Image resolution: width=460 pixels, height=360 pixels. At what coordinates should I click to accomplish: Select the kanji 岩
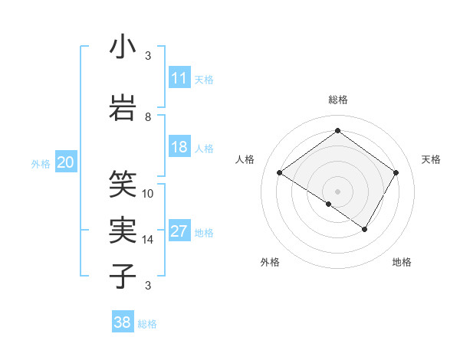click(x=123, y=107)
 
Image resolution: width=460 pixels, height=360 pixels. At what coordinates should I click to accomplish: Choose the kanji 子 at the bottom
click(x=123, y=276)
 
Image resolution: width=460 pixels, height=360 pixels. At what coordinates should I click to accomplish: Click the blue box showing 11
click(x=179, y=77)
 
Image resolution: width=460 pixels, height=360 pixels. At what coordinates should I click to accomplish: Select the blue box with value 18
click(x=179, y=147)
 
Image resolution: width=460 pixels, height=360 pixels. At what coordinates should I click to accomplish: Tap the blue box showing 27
click(x=179, y=232)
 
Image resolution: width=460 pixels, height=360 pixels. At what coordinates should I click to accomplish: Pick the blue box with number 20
click(x=66, y=162)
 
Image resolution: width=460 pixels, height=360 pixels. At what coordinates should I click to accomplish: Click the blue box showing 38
click(x=123, y=322)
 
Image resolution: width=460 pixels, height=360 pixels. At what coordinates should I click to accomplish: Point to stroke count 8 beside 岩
click(x=148, y=116)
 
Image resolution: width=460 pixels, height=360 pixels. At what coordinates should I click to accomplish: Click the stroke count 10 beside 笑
click(x=148, y=193)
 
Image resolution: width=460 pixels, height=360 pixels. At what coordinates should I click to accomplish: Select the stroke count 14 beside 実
click(x=148, y=240)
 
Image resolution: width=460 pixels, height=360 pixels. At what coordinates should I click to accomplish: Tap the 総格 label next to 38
click(x=147, y=324)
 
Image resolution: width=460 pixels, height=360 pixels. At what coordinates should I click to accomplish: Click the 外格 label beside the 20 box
click(x=41, y=163)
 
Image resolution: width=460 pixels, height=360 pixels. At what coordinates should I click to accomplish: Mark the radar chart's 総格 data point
click(x=337, y=130)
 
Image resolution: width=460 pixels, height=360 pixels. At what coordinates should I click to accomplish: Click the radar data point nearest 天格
click(x=396, y=172)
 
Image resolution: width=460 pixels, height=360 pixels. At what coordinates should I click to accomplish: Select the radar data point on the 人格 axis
click(x=280, y=172)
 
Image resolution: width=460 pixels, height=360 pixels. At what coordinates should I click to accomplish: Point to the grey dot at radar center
click(x=337, y=191)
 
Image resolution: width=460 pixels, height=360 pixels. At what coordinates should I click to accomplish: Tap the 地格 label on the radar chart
click(x=402, y=262)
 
